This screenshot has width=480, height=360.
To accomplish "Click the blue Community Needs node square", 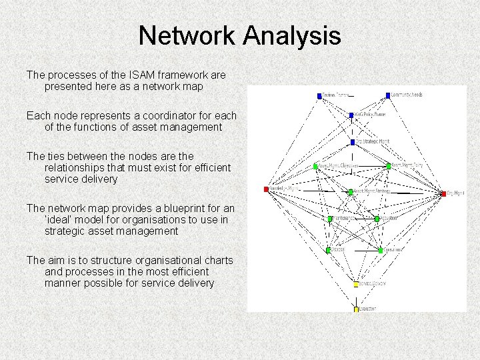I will point(387,95).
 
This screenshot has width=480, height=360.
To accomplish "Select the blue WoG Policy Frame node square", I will point(351,115).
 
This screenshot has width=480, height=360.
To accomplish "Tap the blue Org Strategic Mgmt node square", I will point(353,142).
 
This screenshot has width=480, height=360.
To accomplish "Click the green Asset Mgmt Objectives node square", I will point(316,166).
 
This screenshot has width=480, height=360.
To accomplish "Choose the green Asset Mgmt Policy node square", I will point(388,166).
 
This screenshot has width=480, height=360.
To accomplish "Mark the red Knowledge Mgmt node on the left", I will point(266,189).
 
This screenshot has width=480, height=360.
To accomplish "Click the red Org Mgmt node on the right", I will point(443,194).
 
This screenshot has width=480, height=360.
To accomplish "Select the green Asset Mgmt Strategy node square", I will point(351,192).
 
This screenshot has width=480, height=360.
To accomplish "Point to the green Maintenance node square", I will point(329,219).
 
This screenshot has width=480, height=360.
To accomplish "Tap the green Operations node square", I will point(381,250).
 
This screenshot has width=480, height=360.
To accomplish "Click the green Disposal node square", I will point(328,250).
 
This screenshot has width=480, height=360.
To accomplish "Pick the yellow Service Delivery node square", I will point(356,284).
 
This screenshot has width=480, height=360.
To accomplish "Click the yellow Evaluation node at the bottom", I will point(356,309).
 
